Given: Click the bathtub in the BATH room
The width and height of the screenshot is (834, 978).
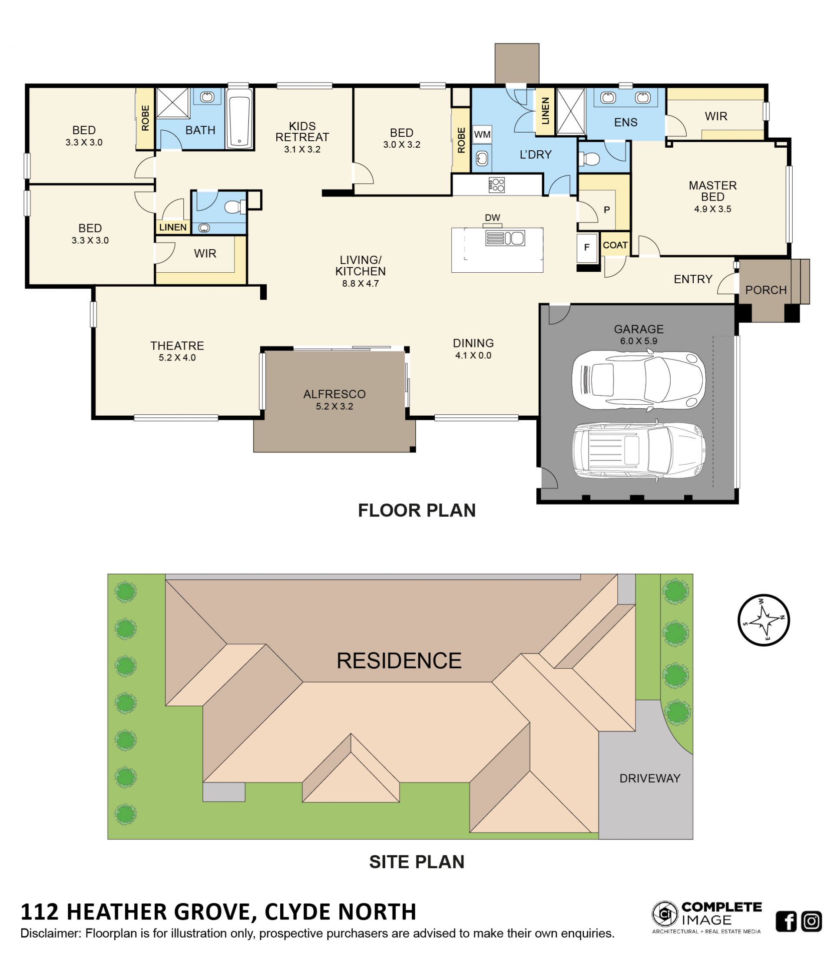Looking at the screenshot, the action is (239, 119).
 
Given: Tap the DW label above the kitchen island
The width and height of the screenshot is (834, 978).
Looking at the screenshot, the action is (492, 218).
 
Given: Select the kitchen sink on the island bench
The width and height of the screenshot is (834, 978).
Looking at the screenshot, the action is (505, 238).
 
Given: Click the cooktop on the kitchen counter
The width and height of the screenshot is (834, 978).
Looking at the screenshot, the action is (496, 185).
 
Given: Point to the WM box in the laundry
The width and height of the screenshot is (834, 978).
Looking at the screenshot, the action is (482, 135).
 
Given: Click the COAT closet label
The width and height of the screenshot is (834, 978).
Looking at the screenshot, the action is (615, 245).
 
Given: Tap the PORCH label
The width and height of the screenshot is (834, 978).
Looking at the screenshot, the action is (765, 290).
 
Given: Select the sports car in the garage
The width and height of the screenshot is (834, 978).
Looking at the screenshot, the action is (638, 380).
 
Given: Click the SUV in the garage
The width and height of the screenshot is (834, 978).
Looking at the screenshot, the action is (639, 450).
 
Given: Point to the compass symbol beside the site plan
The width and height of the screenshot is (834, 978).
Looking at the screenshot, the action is (763, 620).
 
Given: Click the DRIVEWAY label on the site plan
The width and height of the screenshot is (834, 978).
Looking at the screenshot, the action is (649, 778).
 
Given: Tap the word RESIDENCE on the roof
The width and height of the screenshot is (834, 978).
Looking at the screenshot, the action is (399, 661).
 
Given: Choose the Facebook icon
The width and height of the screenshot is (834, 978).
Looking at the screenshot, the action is (786, 922).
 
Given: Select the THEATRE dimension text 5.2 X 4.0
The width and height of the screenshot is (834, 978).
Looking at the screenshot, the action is (177, 358).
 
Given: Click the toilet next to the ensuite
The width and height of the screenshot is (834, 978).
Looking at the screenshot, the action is (589, 159).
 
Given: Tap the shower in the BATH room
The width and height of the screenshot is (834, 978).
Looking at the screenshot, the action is (172, 102).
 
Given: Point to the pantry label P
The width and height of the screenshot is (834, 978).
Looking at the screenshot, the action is (607, 210).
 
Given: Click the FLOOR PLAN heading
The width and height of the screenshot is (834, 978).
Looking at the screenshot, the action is (417, 510).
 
